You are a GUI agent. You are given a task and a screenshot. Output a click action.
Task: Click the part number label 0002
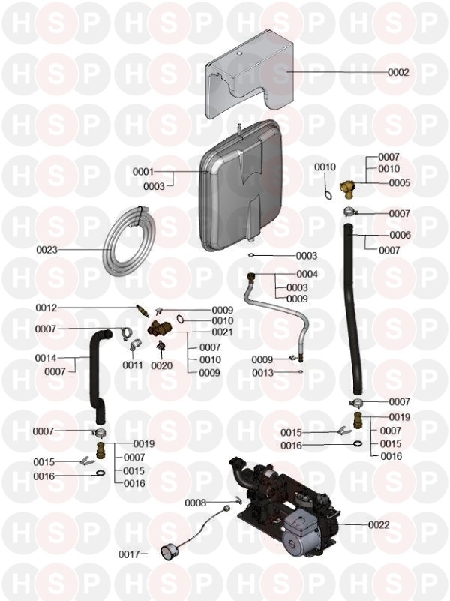point(398,72)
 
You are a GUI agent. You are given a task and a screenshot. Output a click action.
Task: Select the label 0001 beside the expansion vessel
point(142,172)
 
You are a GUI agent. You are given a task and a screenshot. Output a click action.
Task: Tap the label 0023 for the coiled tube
point(46,249)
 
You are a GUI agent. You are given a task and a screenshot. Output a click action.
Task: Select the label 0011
point(133,365)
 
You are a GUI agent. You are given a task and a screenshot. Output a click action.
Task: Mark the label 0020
point(161,365)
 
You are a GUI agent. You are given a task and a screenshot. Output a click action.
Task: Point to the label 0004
point(307,274)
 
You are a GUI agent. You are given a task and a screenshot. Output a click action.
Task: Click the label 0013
point(262,373)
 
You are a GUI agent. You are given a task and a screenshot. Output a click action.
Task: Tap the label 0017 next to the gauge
point(129,554)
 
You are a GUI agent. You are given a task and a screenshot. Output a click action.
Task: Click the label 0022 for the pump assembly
point(379,524)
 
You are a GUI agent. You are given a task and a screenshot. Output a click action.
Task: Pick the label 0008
point(196,503)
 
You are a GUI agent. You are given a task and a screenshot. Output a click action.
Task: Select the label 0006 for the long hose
point(400,235)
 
